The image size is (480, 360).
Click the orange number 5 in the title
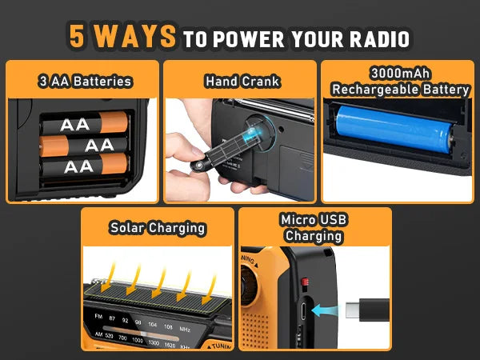point(78,36)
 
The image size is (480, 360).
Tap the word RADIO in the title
point(381,38)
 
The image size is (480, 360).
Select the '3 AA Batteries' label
point(84,81)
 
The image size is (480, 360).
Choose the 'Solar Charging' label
point(158,228)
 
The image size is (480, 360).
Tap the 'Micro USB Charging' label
point(314,228)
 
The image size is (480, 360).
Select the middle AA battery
point(84,145)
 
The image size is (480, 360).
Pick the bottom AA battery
point(84,166)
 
